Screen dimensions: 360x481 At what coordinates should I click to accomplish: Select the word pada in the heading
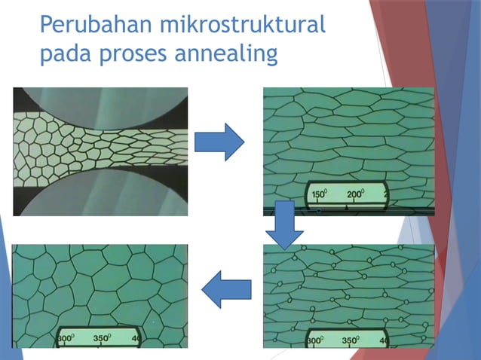click(63, 54)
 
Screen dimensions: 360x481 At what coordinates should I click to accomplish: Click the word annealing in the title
click(231, 55)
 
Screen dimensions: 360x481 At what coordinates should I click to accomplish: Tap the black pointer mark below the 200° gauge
click(357, 205)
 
